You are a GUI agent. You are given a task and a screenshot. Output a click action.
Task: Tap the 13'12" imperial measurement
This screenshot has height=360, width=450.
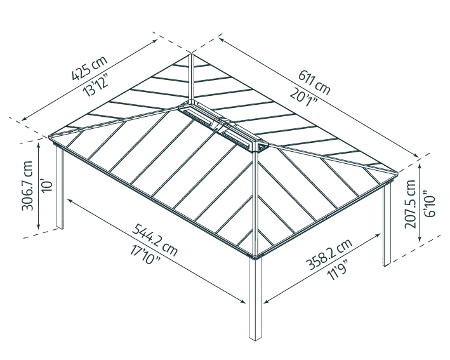(96, 84)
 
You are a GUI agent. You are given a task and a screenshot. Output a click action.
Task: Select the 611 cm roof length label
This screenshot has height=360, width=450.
(315, 82)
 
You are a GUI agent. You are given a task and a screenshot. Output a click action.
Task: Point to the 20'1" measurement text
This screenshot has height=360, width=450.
(304, 97)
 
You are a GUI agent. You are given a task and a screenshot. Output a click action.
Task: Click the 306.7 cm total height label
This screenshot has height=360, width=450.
(27, 185)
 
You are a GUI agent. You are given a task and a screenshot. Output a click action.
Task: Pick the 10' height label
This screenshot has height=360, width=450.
(48, 185)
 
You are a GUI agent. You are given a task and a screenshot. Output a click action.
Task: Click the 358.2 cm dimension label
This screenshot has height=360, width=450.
(329, 255)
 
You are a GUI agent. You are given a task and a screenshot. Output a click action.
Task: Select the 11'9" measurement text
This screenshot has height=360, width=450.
(338, 270)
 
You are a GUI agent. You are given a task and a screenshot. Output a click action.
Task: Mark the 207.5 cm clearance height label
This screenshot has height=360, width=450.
(410, 204)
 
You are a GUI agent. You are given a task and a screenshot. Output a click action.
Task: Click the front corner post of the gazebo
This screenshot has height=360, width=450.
(255, 298)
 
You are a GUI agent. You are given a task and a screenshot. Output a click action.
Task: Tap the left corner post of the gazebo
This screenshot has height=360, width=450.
(60, 188)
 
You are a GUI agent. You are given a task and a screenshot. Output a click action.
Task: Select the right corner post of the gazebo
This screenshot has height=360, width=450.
(387, 225)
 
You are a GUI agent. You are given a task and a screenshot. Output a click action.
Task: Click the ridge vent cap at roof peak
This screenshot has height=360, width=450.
(223, 126)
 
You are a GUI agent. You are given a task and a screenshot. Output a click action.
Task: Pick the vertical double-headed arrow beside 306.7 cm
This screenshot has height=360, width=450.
(39, 186)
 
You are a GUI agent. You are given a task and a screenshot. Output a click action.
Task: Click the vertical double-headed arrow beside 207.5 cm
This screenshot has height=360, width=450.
(420, 202)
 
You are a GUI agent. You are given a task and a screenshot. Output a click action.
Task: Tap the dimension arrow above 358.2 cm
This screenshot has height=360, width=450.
(322, 269)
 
